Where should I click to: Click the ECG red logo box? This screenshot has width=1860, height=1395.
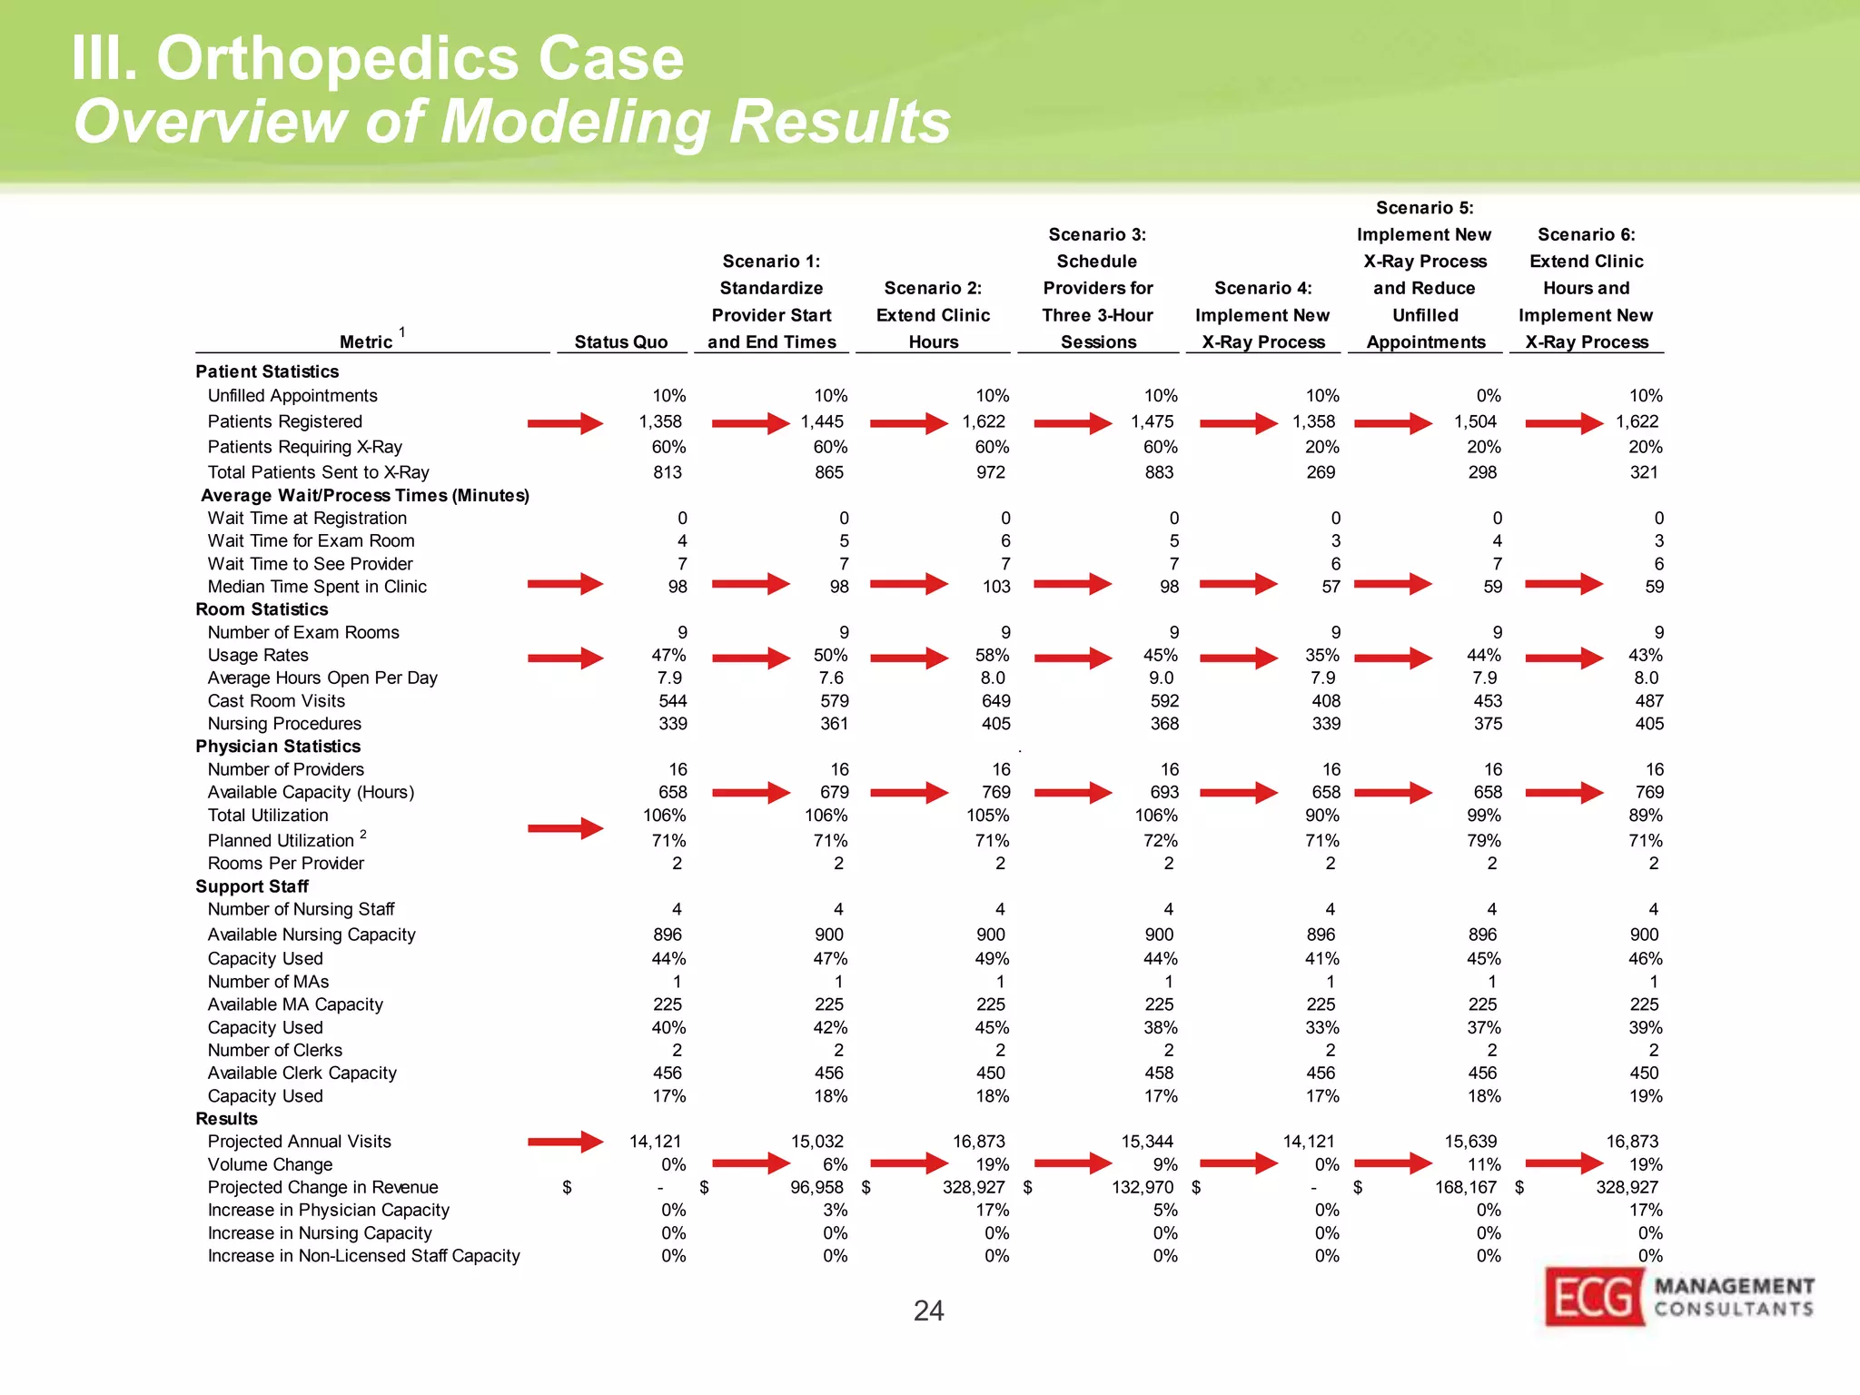1594,1296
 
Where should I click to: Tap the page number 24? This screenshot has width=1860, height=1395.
928,1311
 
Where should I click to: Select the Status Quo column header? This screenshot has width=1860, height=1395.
620,342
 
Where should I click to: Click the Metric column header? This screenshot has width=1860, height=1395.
366,342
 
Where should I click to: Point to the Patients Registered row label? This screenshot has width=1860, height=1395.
284,421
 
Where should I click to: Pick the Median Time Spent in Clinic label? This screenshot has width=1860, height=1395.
317,587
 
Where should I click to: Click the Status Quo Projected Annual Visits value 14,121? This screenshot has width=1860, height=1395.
655,1142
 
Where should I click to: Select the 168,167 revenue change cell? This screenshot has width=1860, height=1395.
1465,1187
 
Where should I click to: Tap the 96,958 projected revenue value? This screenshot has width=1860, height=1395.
816,1187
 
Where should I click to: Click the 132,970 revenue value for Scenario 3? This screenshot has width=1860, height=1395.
1143,1187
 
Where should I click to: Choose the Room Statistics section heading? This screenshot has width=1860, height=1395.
262,609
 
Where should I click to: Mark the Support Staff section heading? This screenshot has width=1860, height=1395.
252,886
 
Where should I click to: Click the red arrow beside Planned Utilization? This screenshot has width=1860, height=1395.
565,828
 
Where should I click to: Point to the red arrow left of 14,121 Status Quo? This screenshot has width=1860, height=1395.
565,1142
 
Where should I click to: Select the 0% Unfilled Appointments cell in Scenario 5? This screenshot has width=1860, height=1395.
1488,396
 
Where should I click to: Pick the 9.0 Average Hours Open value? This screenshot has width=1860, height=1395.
1160,678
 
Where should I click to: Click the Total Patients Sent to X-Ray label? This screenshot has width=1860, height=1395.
318,472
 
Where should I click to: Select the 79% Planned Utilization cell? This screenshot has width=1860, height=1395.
1485,841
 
